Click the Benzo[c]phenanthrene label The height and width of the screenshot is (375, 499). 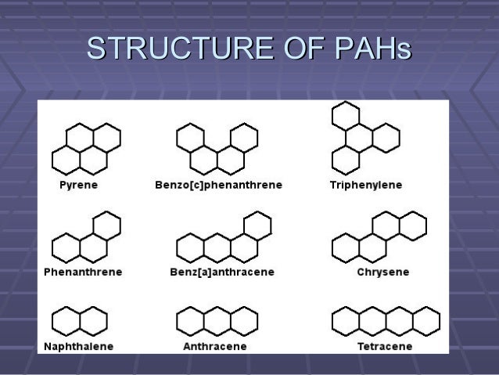[218, 186]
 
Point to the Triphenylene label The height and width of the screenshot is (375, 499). [366, 186]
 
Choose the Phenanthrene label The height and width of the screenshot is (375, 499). [82, 272]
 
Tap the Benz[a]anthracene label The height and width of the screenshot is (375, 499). [222, 272]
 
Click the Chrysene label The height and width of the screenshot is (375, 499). [382, 272]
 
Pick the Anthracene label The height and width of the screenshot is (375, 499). [215, 346]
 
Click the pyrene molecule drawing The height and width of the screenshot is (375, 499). [86, 149]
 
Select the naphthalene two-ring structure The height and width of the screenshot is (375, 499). [80, 321]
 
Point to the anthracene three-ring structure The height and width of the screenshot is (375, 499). [217, 321]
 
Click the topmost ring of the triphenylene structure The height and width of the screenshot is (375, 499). [346, 116]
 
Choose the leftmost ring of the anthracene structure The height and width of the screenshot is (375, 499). [190, 321]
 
